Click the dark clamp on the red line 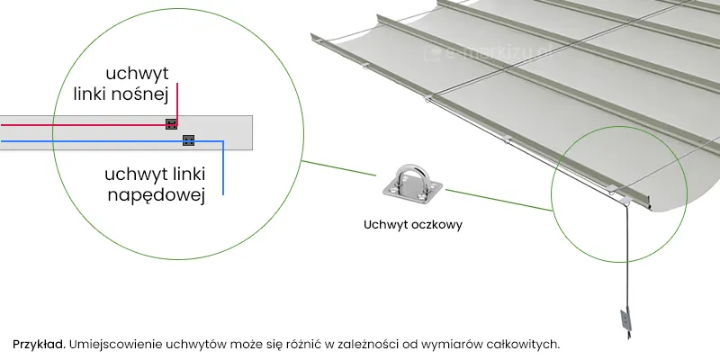[x=171, y=124]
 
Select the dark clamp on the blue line [x=188, y=139]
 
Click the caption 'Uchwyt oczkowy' [x=413, y=225]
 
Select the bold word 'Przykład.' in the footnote [x=39, y=344]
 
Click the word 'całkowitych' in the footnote [x=526, y=344]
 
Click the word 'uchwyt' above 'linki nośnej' [x=140, y=71]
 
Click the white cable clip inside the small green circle [x=613, y=188]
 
